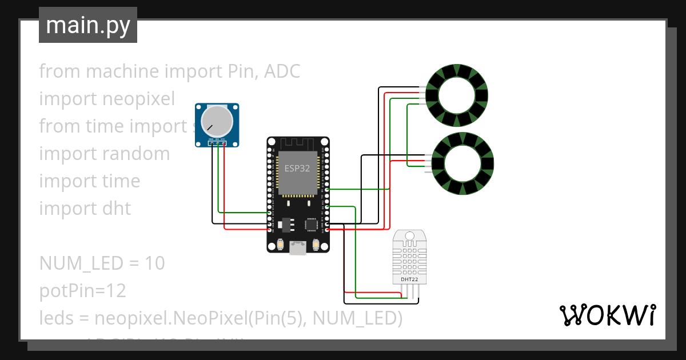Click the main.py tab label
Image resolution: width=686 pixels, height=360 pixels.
pyautogui.click(x=87, y=25)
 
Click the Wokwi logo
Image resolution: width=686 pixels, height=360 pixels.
pyautogui.click(x=607, y=315)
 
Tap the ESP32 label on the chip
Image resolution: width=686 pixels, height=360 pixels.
pyautogui.click(x=297, y=169)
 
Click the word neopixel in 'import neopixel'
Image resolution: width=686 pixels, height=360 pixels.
pyautogui.click(x=138, y=99)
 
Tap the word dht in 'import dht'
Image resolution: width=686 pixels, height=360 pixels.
pyautogui.click(x=117, y=209)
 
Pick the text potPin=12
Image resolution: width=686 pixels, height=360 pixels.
pyautogui.click(x=82, y=291)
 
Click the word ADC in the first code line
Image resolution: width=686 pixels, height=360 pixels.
pyautogui.click(x=282, y=71)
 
